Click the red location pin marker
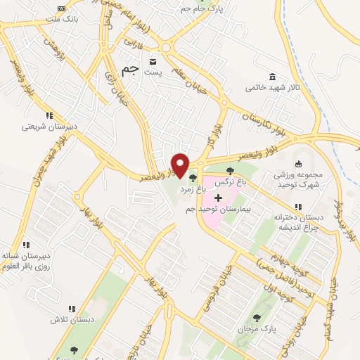pos(181,165)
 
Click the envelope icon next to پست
pos(153,61)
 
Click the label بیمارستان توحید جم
pos(230,210)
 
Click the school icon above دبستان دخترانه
pos(298,207)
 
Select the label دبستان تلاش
pos(79,319)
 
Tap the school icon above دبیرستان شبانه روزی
pos(26,245)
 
